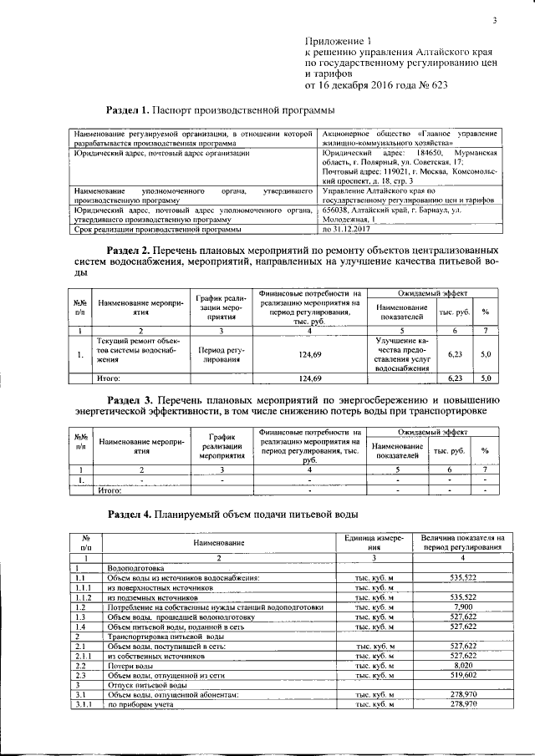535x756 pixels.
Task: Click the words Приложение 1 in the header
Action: click(337, 41)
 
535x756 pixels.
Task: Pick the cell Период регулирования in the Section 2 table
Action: click(220, 357)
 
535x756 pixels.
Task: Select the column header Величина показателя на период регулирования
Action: click(462, 543)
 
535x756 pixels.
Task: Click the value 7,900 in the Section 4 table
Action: click(462, 607)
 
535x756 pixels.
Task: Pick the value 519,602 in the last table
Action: click(462, 676)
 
